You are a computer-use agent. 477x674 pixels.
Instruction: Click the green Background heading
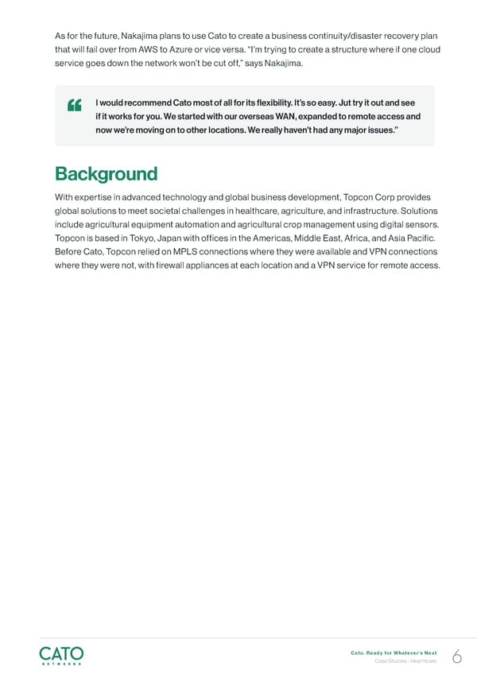(106, 174)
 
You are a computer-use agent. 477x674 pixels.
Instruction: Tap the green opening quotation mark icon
(76, 106)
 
